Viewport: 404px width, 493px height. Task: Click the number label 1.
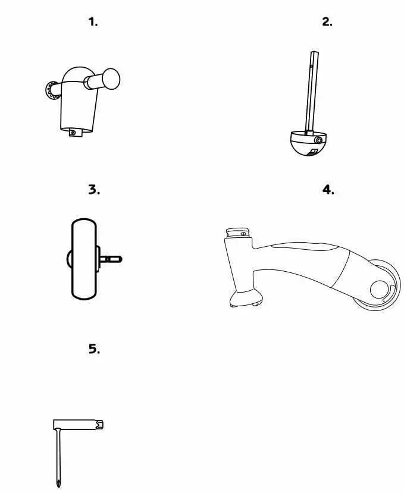93,22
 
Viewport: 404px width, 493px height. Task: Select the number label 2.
327,22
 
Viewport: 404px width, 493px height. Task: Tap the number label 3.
94,190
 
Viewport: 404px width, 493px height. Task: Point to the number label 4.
328,190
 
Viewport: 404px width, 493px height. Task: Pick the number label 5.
94,349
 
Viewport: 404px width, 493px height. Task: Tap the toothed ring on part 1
50,90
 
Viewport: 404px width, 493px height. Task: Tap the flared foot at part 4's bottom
246,299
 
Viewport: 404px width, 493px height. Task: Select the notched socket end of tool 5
102,426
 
